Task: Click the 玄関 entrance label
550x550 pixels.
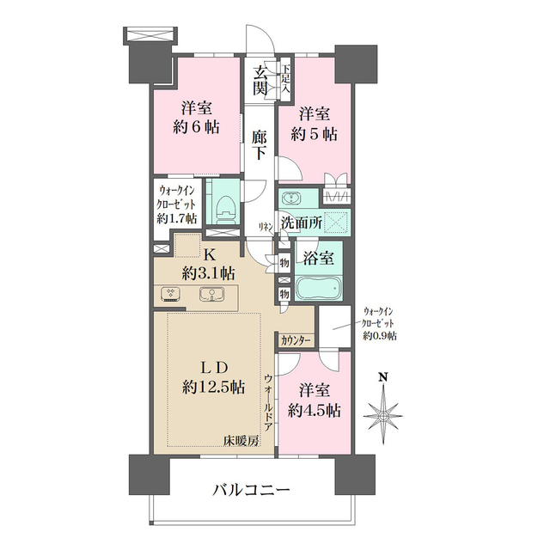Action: click(x=260, y=81)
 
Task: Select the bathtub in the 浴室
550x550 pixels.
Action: click(x=319, y=288)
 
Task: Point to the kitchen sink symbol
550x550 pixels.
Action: click(x=212, y=294)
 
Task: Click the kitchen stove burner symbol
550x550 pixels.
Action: click(x=170, y=294)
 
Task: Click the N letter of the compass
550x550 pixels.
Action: click(x=383, y=377)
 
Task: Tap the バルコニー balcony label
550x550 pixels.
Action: click(x=251, y=490)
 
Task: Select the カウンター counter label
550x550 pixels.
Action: click(x=296, y=340)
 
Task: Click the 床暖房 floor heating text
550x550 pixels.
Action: click(x=241, y=440)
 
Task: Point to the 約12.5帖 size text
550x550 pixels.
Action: click(x=214, y=387)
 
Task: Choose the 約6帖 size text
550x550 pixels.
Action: click(x=197, y=126)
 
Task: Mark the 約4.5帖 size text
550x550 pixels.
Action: click(x=314, y=411)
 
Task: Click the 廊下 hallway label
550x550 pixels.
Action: click(x=260, y=145)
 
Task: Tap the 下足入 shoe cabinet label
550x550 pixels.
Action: click(x=287, y=78)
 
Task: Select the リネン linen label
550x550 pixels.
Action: click(x=266, y=227)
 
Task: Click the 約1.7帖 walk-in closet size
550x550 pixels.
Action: click(x=176, y=219)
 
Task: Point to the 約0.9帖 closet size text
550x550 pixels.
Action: click(x=380, y=336)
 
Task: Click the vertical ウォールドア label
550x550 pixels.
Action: click(x=268, y=403)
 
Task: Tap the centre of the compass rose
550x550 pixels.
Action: click(x=383, y=416)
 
